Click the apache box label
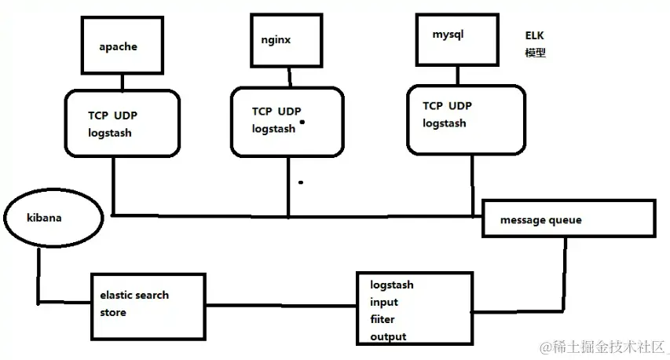119,46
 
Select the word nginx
276,40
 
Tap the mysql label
448,35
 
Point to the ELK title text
535,35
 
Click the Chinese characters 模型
536,53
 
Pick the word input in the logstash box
384,303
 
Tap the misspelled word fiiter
383,319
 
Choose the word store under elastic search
113,313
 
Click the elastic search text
134,295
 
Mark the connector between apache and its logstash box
123,82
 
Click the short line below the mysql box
458,75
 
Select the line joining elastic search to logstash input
281,305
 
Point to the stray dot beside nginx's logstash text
302,123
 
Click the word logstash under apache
110,134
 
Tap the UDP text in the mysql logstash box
460,105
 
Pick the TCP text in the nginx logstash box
262,112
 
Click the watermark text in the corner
603,347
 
